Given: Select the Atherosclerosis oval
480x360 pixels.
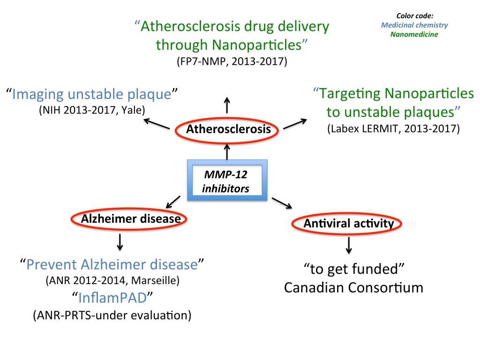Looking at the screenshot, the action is (x=227, y=119).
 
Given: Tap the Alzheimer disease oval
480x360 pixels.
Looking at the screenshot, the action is (x=128, y=211).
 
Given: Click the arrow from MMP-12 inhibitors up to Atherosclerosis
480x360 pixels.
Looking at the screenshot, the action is (x=227, y=152).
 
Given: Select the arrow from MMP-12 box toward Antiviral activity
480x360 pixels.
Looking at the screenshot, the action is (x=282, y=203).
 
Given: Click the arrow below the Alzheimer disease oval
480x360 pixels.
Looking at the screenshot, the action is (x=120, y=242).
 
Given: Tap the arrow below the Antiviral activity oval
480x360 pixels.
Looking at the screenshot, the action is (x=349, y=245).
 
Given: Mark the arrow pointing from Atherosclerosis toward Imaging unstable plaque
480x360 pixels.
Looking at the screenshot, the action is (x=157, y=124).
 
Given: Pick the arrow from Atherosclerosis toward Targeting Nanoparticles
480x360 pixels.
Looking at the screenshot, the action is (x=295, y=124).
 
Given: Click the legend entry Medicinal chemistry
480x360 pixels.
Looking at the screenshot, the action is (x=414, y=25).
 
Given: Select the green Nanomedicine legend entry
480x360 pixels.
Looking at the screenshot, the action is (x=414, y=34).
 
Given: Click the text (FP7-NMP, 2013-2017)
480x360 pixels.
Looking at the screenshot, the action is (x=232, y=61).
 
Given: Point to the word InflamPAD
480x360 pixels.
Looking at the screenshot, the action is (x=112, y=298).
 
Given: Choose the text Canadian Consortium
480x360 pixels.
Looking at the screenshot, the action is (x=353, y=287).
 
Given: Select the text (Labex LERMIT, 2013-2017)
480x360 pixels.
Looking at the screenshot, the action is (x=394, y=128).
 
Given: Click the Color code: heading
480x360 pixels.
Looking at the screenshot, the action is (x=415, y=15).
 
